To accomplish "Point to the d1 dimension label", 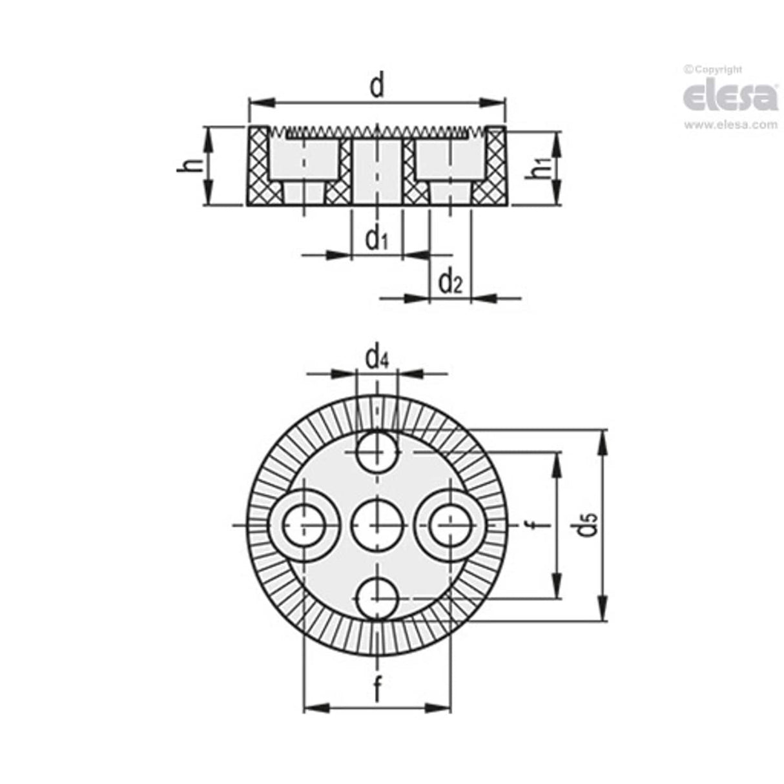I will tap(377, 240).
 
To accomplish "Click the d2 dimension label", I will tap(451, 282).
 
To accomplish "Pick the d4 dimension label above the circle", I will tap(377, 357).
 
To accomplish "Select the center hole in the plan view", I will tap(377, 525).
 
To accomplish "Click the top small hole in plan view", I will tap(377, 451).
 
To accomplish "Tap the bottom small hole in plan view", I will tap(377, 598).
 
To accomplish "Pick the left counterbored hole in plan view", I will tap(302, 525).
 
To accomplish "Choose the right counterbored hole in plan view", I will tap(450, 525).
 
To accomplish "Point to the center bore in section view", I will tap(377, 171).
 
